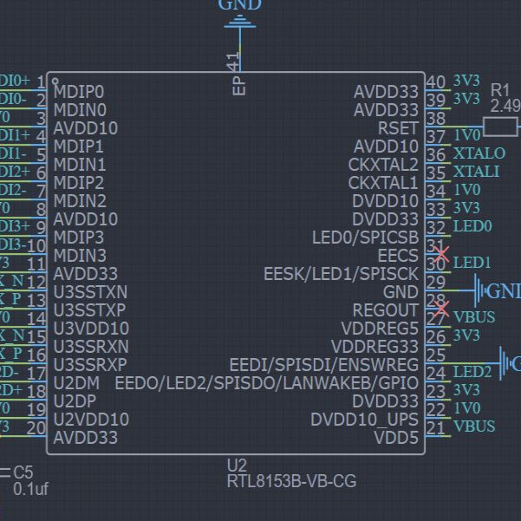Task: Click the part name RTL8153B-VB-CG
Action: tap(291, 481)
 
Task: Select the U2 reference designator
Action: tap(238, 466)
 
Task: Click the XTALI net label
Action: tap(475, 172)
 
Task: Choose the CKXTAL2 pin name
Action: tap(383, 165)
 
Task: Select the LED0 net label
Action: tap(472, 226)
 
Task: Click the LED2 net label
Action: tap(472, 372)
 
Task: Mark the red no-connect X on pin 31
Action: tap(441, 255)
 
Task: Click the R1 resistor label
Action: tap(500, 89)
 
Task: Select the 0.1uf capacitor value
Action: tap(31, 489)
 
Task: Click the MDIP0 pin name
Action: tap(79, 91)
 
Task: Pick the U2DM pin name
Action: tap(77, 382)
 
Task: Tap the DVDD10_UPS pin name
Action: tap(365, 420)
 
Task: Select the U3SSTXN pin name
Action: tap(90, 291)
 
